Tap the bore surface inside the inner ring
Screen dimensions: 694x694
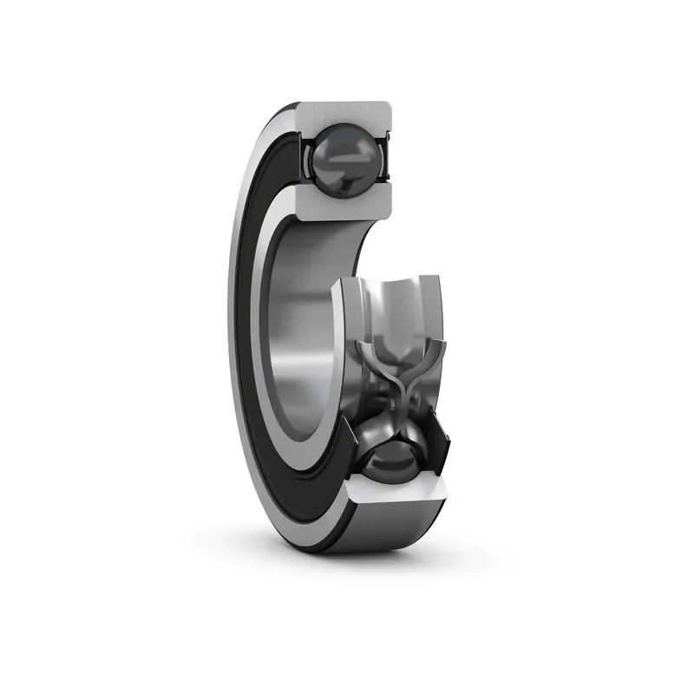pyautogui.click(x=304, y=330)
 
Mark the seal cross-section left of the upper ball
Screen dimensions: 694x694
pyautogui.click(x=304, y=156)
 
